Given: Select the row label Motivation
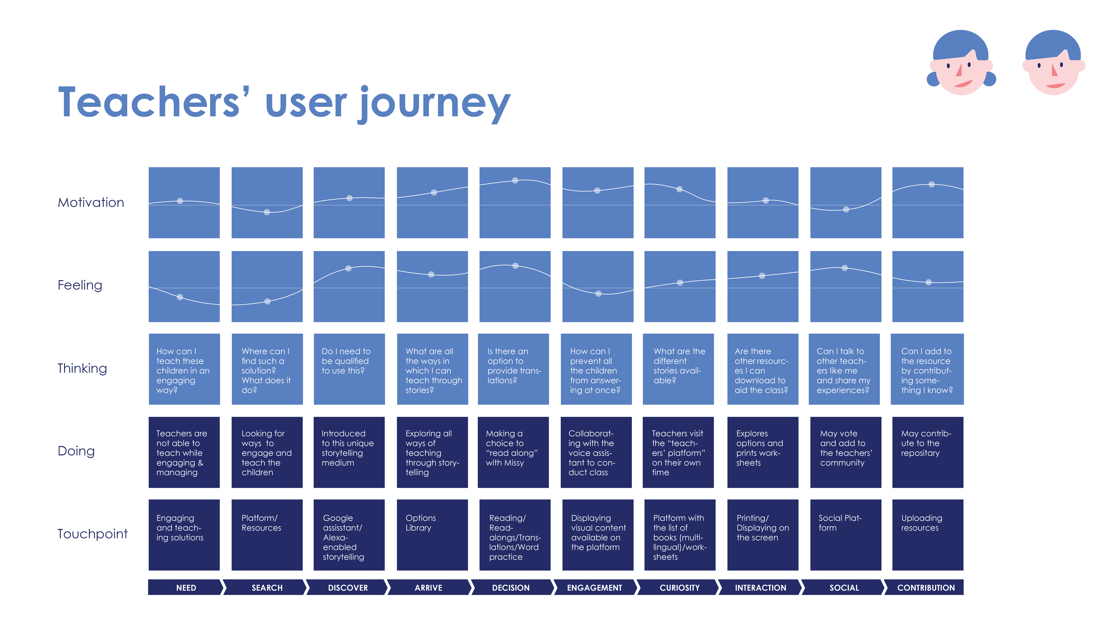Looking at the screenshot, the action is coord(91,203).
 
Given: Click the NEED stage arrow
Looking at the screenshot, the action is coord(186,587).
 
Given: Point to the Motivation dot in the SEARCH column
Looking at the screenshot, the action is coord(267,212).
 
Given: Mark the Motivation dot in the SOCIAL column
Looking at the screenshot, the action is coord(846,209).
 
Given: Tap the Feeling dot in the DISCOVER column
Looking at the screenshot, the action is coord(348,268).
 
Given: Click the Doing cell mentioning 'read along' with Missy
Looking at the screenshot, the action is coord(513,452).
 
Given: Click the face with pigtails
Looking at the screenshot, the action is coord(961,63).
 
